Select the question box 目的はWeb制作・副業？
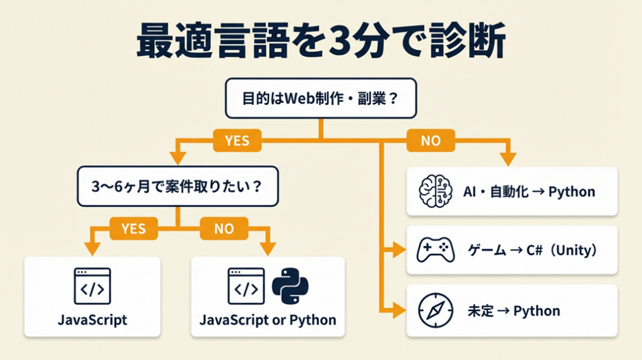[x=320, y=98]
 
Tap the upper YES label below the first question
[x=236, y=141]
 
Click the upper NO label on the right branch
[x=430, y=141]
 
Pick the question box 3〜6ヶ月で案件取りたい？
[x=179, y=186]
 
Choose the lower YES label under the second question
[x=133, y=229]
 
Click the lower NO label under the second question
[x=224, y=229]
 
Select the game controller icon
[x=435, y=251]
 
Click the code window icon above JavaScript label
[x=92, y=286]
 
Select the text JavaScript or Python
[x=268, y=320]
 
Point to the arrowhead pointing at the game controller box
[x=399, y=251]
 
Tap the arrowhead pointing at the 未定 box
[x=399, y=310]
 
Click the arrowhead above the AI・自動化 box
[x=508, y=159]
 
